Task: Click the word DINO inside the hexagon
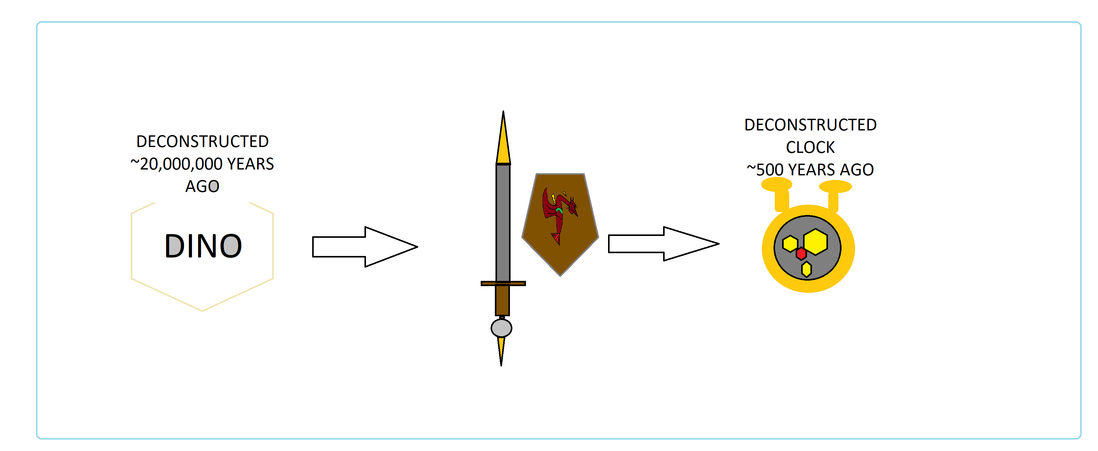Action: tap(203, 246)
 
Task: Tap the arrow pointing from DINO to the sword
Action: tap(365, 247)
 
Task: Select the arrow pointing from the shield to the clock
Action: tap(664, 244)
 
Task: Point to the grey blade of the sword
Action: tap(503, 222)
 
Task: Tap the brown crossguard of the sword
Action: tap(503, 283)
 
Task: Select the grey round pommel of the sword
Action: tap(501, 328)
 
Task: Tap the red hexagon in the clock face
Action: tap(801, 253)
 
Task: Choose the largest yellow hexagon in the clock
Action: tap(815, 242)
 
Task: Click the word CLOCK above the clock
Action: tap(810, 147)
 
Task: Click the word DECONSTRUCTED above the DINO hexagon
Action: tap(202, 142)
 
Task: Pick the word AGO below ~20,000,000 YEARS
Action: tap(202, 186)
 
